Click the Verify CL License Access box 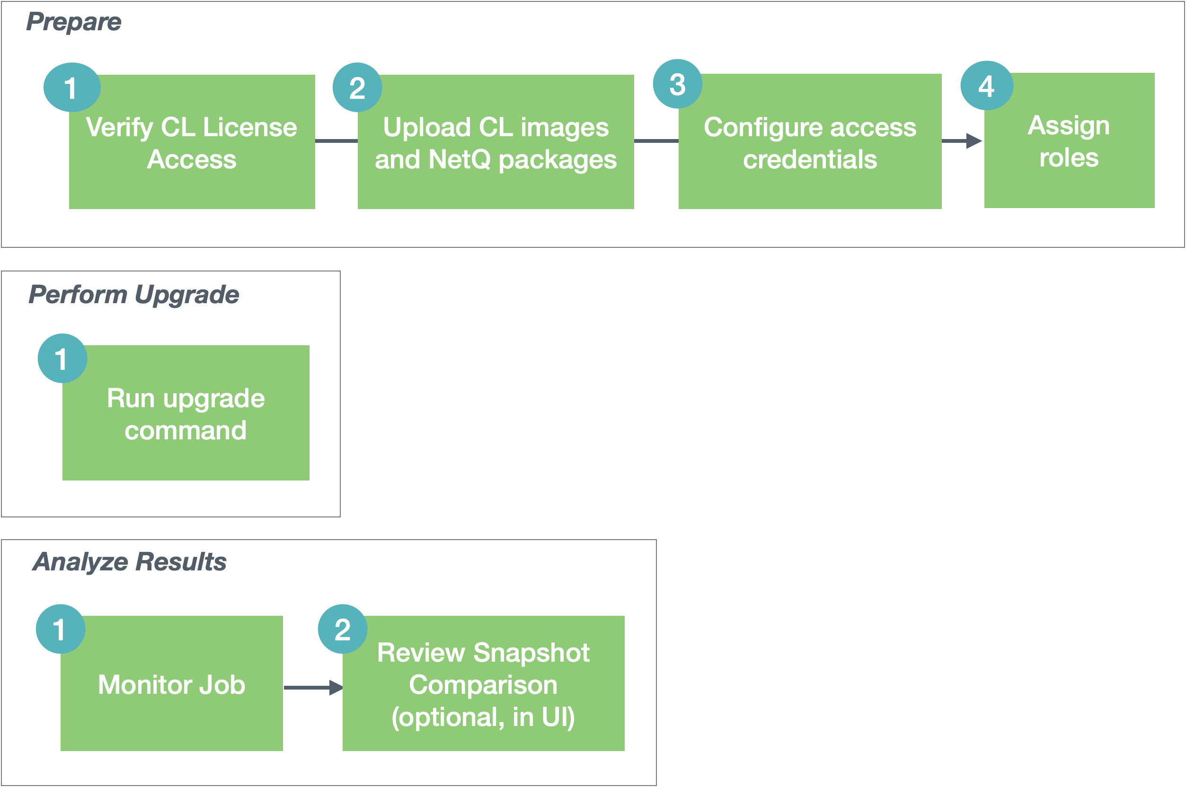[192, 150]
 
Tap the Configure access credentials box [809, 150]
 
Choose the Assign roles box [1069, 150]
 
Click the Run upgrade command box [186, 421]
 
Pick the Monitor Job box [172, 692]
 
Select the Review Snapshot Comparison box [483, 692]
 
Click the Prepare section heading [74, 22]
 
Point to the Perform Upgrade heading [133, 294]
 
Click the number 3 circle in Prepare [677, 84]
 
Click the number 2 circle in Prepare [357, 87]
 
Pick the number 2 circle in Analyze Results [343, 629]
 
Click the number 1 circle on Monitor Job [60, 629]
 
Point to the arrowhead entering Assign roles [974, 141]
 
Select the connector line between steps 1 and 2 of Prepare [336, 141]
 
